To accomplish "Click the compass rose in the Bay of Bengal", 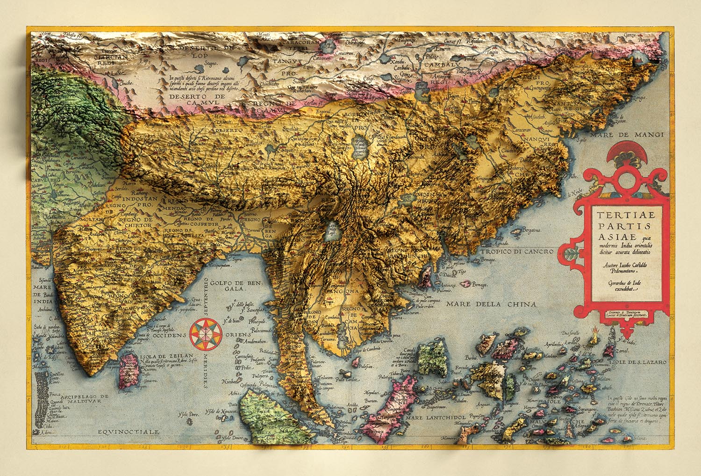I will click(x=204, y=333).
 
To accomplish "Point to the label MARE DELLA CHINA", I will click(x=491, y=304).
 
